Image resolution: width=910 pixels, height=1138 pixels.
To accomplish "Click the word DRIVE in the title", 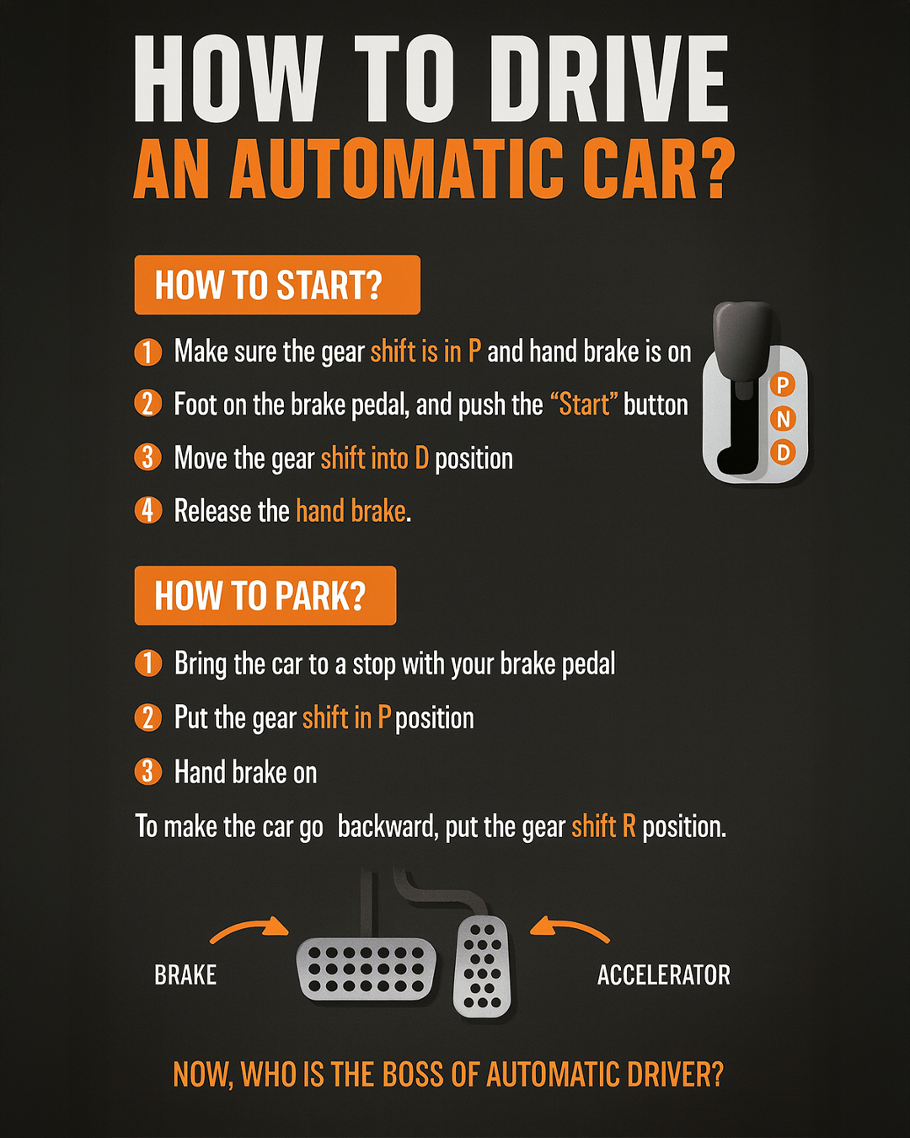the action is click(x=610, y=79).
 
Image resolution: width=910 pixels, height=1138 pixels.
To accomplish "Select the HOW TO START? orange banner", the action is click(x=277, y=285).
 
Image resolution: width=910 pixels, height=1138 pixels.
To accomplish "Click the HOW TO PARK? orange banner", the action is click(x=265, y=595).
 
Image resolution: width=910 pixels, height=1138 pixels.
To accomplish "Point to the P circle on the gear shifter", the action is click(x=783, y=384).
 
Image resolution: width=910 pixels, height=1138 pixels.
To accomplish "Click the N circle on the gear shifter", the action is click(x=783, y=419).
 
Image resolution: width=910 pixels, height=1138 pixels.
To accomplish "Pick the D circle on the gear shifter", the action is click(x=783, y=453).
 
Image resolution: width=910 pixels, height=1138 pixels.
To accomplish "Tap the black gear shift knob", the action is click(x=741, y=344).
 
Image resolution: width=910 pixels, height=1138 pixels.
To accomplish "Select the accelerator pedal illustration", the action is click(x=482, y=966).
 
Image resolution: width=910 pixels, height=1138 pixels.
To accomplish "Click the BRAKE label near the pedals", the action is click(x=185, y=975).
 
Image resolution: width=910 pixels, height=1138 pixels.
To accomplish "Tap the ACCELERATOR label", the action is click(x=664, y=975).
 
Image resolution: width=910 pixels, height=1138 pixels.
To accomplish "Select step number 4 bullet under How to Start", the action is click(x=148, y=510).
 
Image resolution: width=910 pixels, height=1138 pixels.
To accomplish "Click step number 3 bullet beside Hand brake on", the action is click(x=148, y=771).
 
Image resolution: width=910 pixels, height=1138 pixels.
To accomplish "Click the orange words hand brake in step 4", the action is click(x=351, y=511).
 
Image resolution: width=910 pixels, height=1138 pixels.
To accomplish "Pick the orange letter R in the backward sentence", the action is click(x=629, y=827).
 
